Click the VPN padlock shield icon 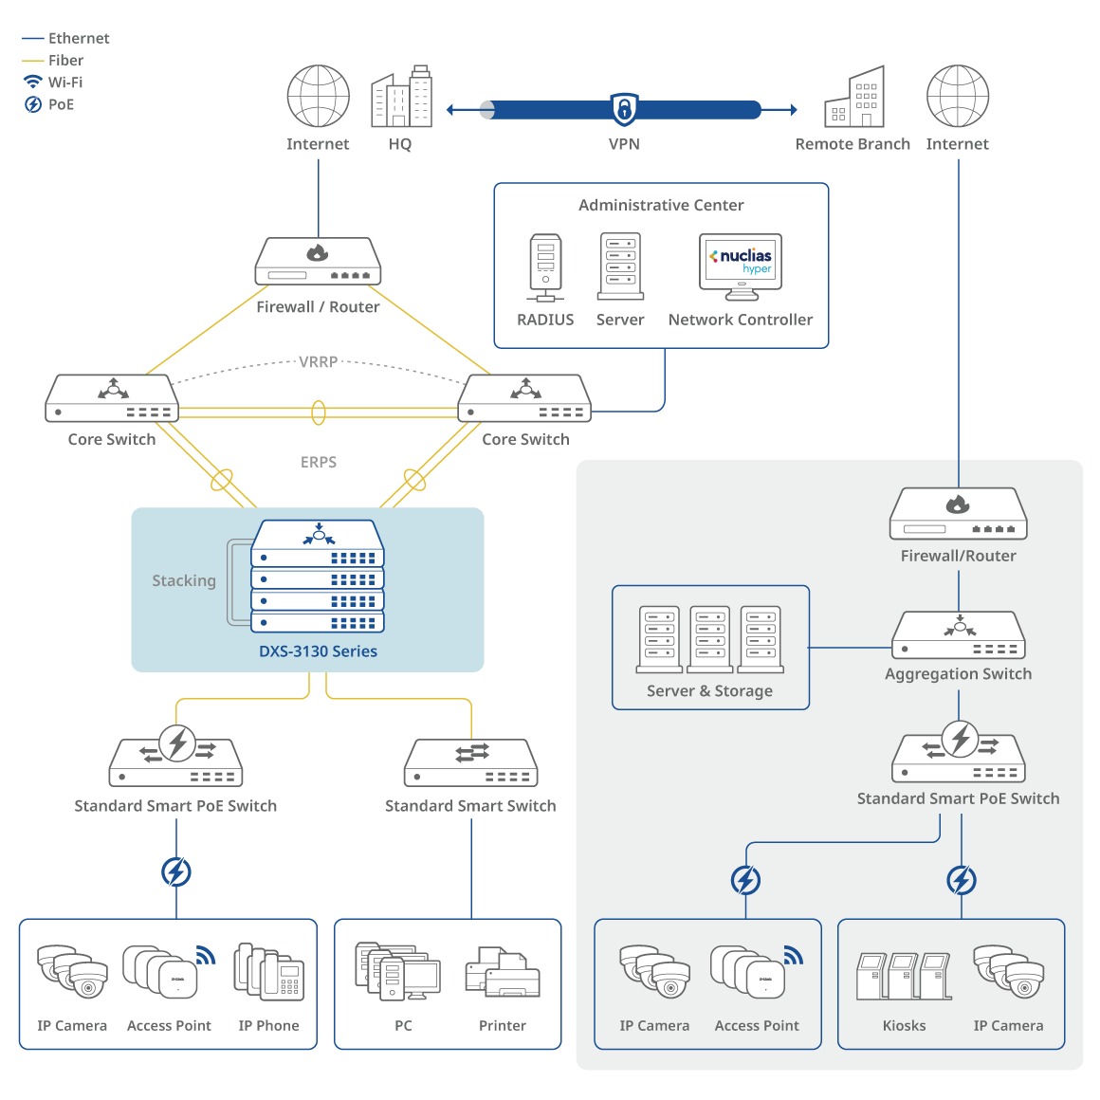click(x=624, y=109)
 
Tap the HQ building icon click(x=401, y=97)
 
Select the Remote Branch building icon click(x=854, y=98)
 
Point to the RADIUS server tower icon click(x=545, y=267)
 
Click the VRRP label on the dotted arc click(x=319, y=362)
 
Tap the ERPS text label click(x=319, y=463)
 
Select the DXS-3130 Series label click(x=318, y=651)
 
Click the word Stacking click(x=184, y=580)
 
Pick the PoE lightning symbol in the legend click(x=33, y=104)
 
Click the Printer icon click(x=503, y=973)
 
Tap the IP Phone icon click(x=268, y=972)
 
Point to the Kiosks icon click(x=904, y=976)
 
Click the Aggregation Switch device click(x=959, y=635)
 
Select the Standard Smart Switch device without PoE click(x=471, y=763)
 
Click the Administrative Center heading click(x=661, y=205)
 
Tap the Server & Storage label click(x=709, y=691)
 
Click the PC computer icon click(x=399, y=972)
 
